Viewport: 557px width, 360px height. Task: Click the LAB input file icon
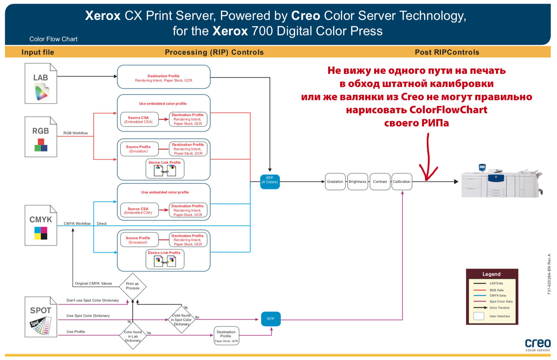[41, 84]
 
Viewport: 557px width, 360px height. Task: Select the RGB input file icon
[41, 137]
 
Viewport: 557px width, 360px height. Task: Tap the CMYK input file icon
[41, 225]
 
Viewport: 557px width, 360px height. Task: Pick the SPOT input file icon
[41, 317]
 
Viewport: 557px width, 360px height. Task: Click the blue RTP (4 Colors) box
[270, 182]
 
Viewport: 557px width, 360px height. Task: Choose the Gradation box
[335, 182]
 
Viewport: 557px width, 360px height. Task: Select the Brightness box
[358, 182]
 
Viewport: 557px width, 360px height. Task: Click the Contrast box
[380, 182]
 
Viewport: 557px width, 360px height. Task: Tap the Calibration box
[402, 182]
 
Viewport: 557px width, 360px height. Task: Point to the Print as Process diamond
[133, 286]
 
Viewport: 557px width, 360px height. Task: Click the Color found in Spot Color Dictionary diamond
[182, 320]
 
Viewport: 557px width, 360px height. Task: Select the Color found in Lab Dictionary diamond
[133, 336]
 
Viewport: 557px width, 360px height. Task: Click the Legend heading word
[491, 274]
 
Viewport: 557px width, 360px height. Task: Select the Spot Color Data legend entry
[501, 301]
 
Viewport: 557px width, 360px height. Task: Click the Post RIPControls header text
[447, 52]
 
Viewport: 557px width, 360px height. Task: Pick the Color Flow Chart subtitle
[53, 39]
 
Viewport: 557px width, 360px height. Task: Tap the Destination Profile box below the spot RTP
[226, 336]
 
